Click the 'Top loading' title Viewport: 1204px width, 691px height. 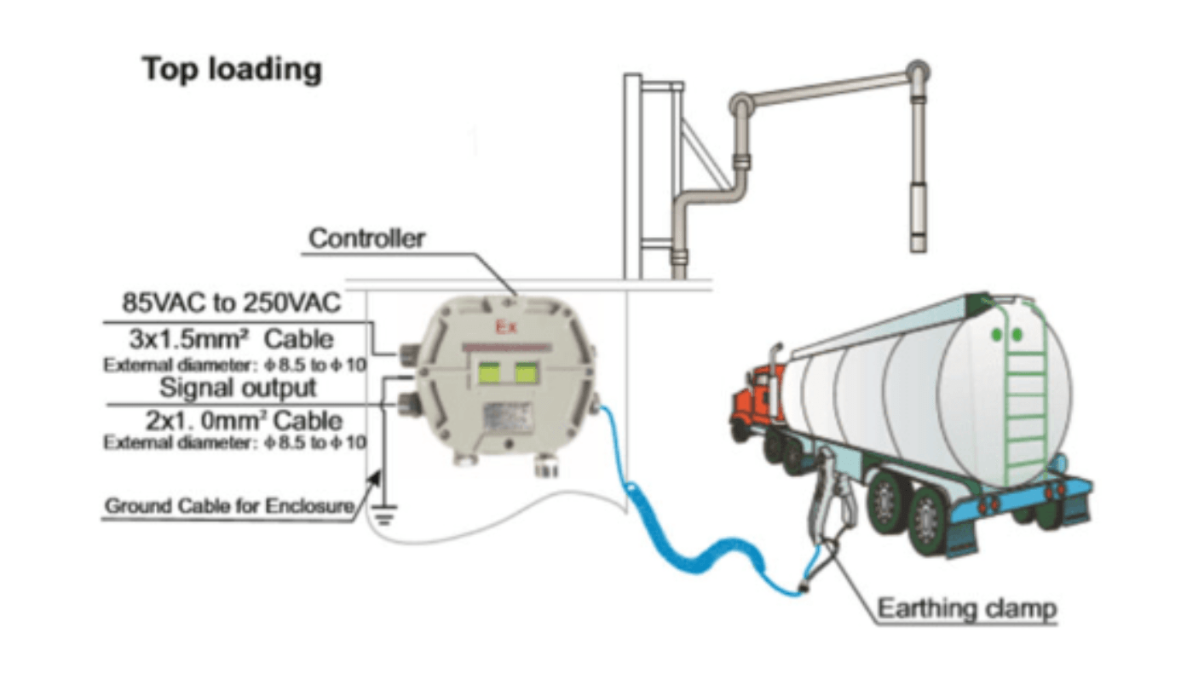point(232,69)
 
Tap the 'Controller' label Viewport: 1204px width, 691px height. point(366,239)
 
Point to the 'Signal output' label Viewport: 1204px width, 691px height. point(239,388)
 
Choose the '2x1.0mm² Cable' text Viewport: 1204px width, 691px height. point(239,421)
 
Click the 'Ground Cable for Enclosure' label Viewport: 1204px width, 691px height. point(229,507)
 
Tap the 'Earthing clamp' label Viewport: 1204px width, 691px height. point(967,609)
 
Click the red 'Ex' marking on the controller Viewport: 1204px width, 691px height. point(505,327)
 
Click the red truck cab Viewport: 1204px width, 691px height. point(753,399)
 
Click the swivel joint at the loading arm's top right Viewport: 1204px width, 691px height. point(917,72)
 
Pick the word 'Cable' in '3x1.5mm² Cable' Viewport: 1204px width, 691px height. point(299,338)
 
